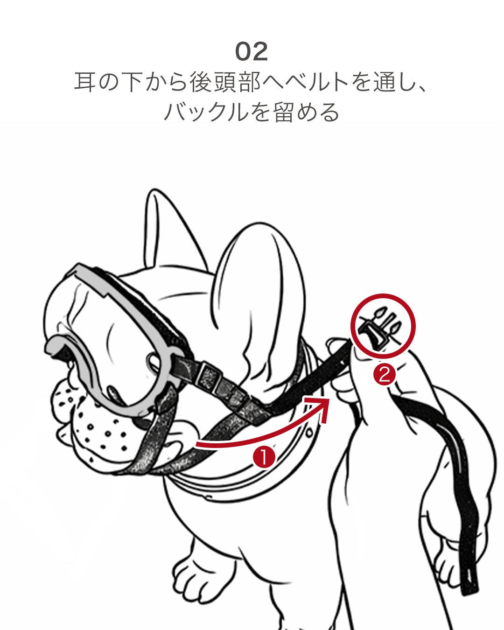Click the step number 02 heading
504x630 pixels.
tap(252, 52)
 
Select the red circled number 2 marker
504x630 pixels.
tap(384, 375)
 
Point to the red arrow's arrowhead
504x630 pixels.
tap(322, 407)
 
